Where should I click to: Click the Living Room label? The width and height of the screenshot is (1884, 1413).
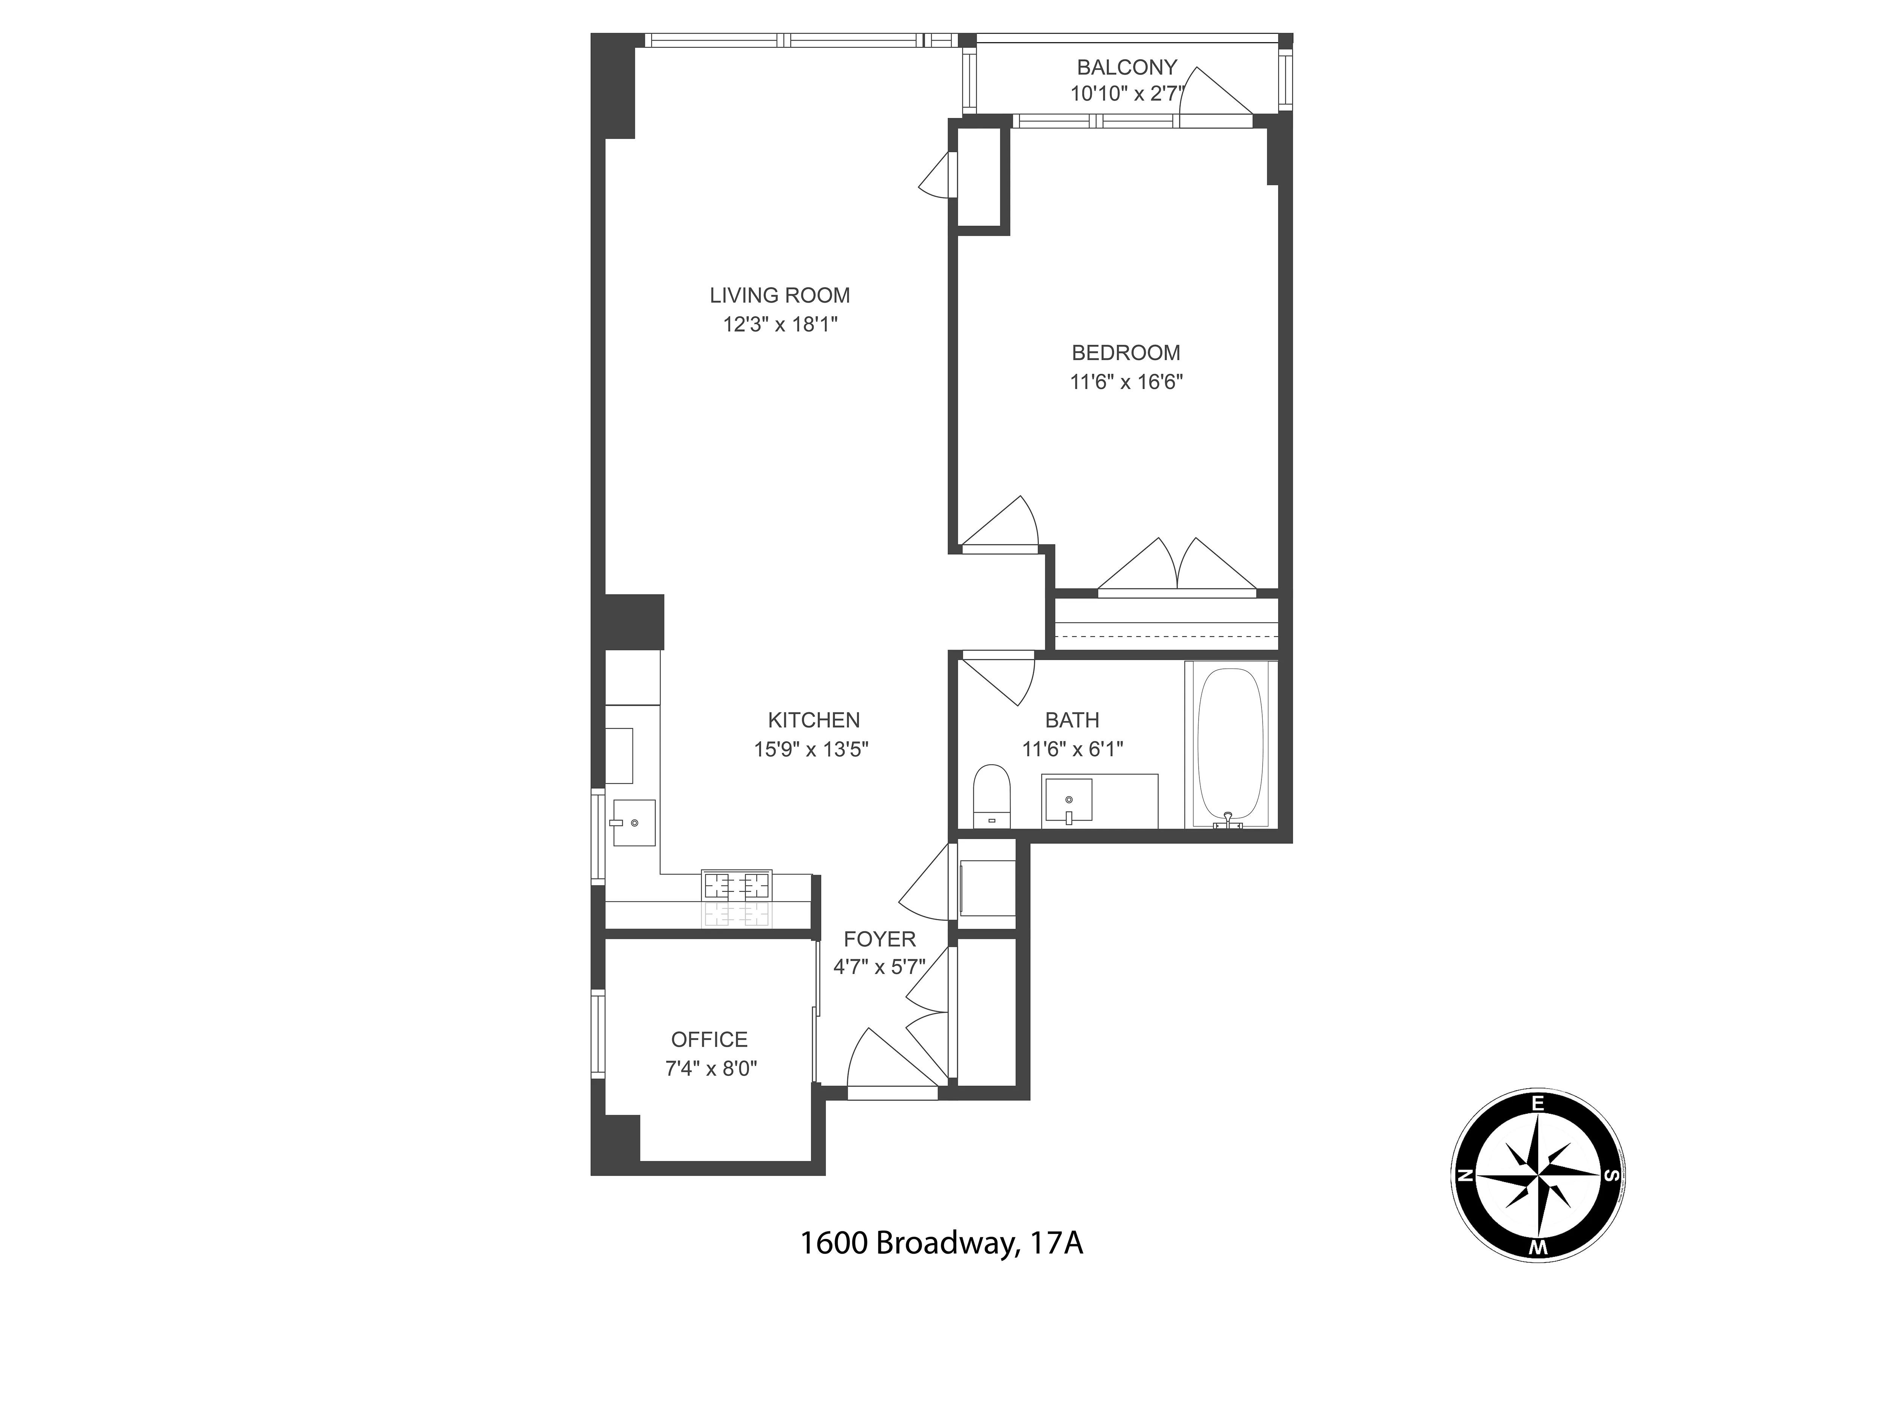pos(779,295)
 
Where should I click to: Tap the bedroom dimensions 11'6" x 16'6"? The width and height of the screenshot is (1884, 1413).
pos(1126,382)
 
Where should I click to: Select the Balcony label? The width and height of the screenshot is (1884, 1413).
pos(1126,66)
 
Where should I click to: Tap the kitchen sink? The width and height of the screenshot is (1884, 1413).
pos(634,823)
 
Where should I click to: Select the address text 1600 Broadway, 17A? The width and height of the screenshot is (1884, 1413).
pos(941,1243)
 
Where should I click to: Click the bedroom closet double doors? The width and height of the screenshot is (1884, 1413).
pos(1177,566)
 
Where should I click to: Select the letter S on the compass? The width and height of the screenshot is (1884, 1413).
pos(1610,1176)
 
